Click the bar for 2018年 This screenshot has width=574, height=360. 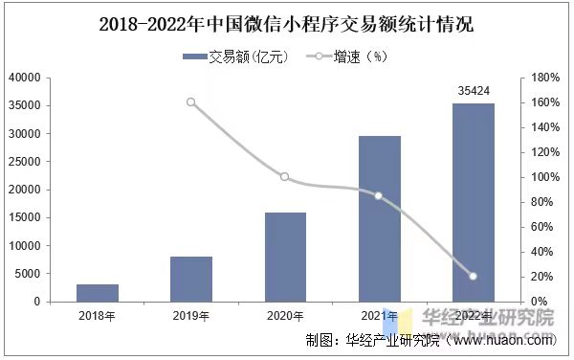98,293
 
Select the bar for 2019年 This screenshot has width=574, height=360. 191,279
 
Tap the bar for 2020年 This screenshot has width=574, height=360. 285,257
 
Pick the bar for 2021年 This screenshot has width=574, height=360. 379,218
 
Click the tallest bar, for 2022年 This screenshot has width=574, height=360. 473,202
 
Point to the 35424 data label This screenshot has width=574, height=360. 473,92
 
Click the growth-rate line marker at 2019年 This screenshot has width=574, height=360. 191,101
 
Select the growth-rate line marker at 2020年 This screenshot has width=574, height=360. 285,177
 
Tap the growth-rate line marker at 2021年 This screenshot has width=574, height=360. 379,195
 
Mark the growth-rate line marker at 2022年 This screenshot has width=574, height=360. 473,277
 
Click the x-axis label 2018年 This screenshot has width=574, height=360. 98,315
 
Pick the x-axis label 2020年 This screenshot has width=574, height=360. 285,315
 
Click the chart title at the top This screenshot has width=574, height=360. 286,23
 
